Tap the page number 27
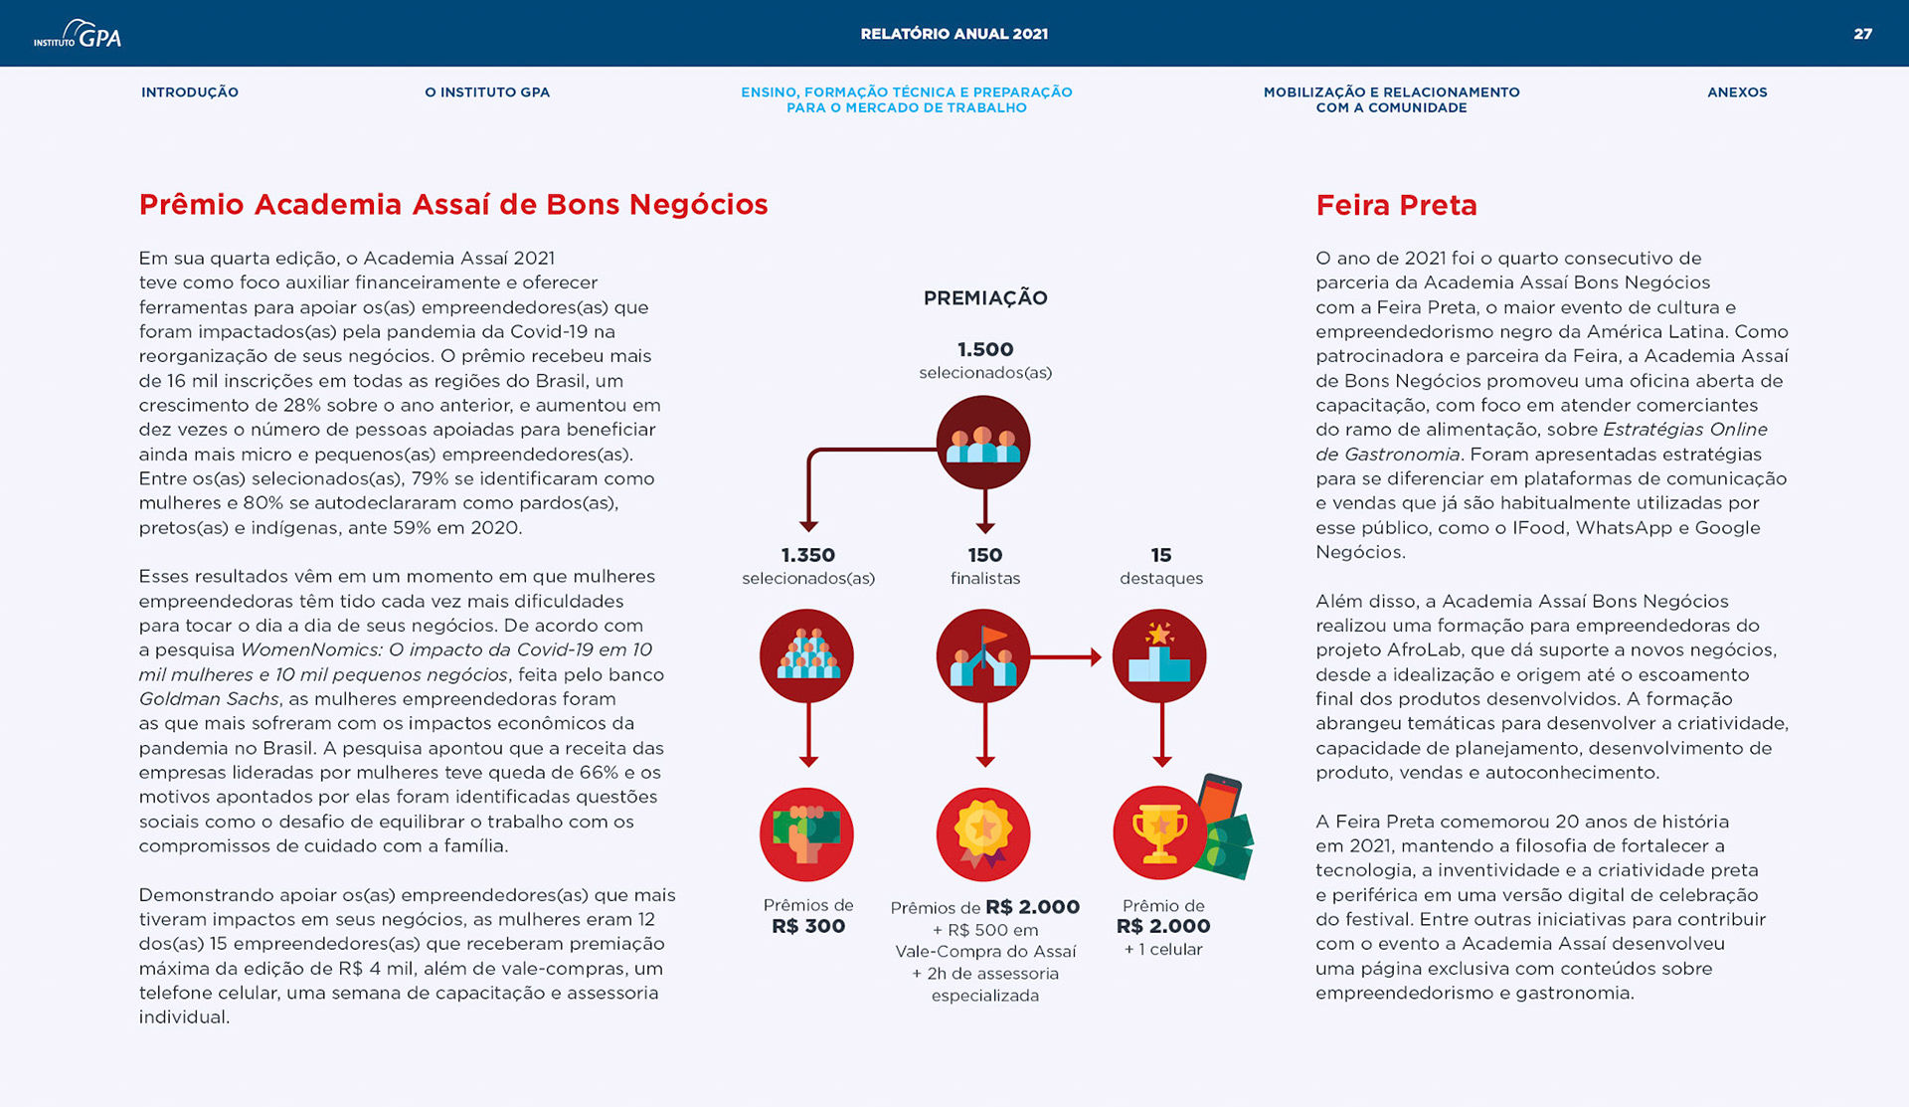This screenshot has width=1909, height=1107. click(1862, 34)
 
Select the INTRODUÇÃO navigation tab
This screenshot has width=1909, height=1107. click(190, 92)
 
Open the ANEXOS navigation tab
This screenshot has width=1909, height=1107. click(1737, 92)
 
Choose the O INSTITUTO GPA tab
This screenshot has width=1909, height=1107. click(487, 92)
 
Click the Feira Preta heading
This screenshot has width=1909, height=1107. click(1396, 205)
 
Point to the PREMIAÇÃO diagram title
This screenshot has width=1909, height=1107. click(985, 298)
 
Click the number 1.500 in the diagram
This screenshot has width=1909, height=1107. click(985, 350)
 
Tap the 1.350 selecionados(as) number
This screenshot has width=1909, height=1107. click(808, 555)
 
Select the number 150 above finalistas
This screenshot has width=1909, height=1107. click(985, 555)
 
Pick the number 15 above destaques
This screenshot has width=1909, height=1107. click(1161, 555)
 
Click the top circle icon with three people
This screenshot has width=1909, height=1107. click(983, 443)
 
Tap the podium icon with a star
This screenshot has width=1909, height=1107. click(1159, 656)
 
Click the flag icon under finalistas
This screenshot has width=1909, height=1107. click(983, 656)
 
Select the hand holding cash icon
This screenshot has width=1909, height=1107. click(806, 833)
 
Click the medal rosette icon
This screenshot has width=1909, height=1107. click(983, 833)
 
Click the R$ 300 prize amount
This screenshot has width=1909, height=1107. click(808, 926)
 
